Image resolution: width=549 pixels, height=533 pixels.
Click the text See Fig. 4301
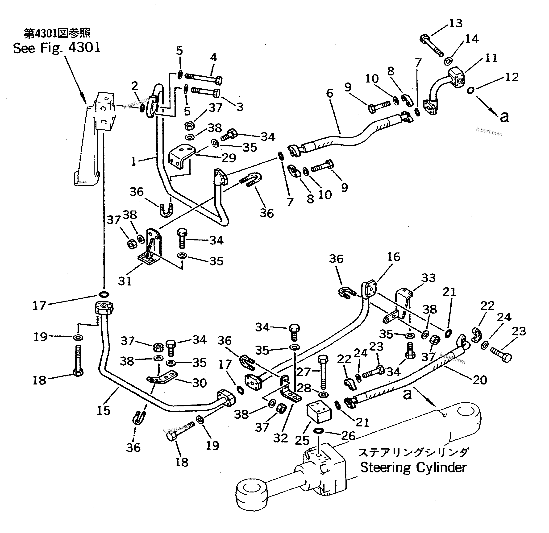pyautogui.click(x=57, y=48)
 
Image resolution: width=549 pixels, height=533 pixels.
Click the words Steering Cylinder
pyautogui.click(x=413, y=467)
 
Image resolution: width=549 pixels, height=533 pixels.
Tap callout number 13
pyautogui.click(x=455, y=23)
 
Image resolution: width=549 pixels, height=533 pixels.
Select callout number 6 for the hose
pyautogui.click(x=330, y=93)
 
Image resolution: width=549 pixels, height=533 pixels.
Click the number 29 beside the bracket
pyautogui.click(x=229, y=158)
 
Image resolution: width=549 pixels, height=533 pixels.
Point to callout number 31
pyautogui.click(x=125, y=281)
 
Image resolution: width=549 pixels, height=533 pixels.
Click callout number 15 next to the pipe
pyautogui.click(x=103, y=411)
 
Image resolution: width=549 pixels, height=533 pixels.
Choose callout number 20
pyautogui.click(x=480, y=380)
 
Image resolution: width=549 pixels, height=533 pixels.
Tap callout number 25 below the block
pyautogui.click(x=302, y=440)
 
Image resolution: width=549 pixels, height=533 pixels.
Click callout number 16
pyautogui.click(x=393, y=257)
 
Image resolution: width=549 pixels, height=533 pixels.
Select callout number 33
pyautogui.click(x=428, y=278)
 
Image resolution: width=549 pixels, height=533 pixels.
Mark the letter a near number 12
pyautogui.click(x=504, y=117)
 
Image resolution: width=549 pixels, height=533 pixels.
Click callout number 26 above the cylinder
pyautogui.click(x=348, y=436)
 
